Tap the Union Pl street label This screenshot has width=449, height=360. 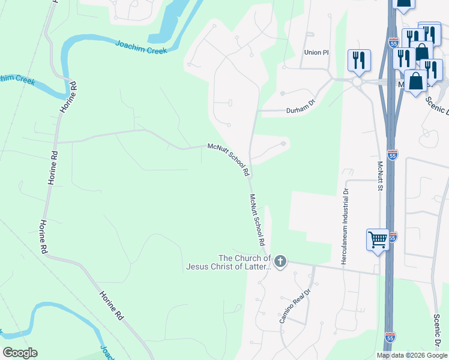(x=317, y=52)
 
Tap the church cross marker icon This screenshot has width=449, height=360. (x=280, y=261)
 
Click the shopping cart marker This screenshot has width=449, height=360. (x=378, y=239)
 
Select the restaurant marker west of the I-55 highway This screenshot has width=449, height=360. (x=358, y=59)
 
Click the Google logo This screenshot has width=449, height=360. (x=20, y=353)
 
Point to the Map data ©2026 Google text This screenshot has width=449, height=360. (x=412, y=355)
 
